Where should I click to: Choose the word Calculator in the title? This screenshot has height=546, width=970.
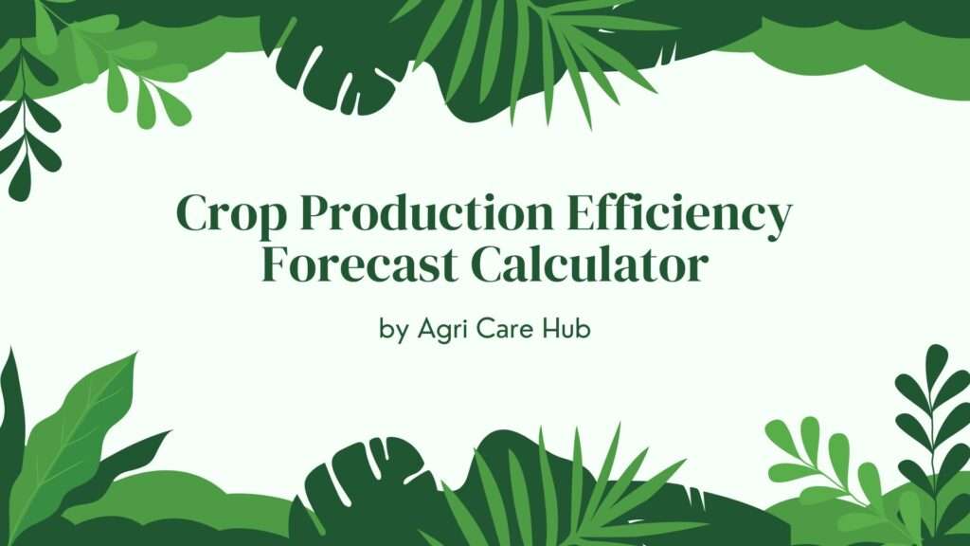click(x=589, y=264)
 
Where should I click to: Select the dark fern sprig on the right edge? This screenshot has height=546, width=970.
click(x=933, y=427)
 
